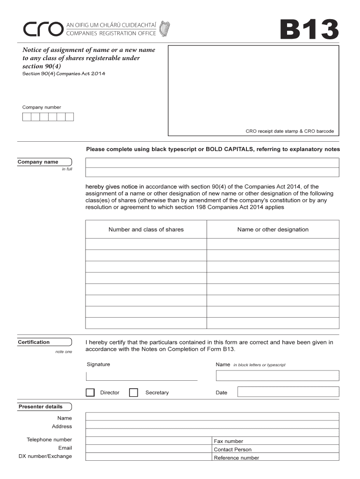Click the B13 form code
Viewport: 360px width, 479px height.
309,30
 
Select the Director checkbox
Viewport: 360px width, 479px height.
90,392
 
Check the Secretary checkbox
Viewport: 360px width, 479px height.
133,392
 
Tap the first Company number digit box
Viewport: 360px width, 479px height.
27,117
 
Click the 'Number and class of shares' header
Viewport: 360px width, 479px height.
146,230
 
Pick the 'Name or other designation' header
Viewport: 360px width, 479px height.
273,230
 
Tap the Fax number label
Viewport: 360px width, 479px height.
228,441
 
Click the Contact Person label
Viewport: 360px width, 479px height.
232,450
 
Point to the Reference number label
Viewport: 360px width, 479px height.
236,458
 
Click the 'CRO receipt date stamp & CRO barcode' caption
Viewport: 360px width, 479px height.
289,131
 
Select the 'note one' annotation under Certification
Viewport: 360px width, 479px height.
64,352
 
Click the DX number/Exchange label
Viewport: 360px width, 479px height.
45,456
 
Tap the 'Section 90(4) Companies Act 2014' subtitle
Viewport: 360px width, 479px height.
60,74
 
